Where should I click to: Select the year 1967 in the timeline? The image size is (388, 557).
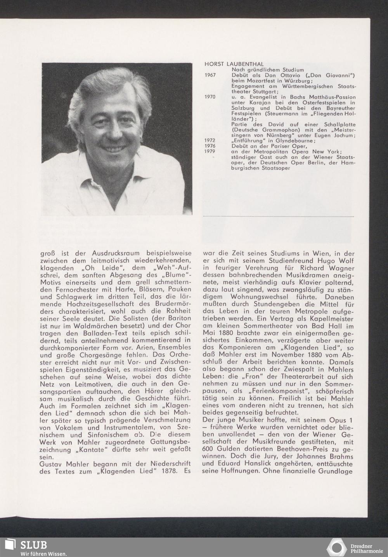click(210, 75)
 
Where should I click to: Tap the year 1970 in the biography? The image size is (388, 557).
click(210, 97)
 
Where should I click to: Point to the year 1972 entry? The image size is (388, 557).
click(210, 141)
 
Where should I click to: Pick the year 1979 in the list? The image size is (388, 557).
click(210, 152)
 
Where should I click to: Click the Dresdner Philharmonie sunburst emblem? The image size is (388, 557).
click(337, 547)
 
